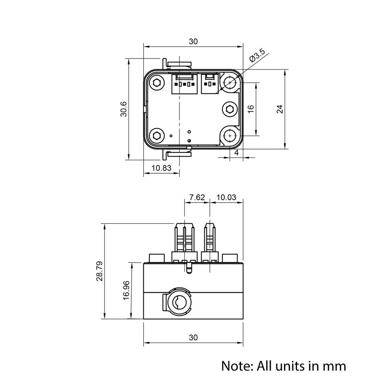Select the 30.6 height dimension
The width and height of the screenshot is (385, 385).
tap(124, 109)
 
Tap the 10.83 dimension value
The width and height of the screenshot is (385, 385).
tap(161, 168)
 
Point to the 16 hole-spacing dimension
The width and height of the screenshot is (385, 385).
tap(251, 109)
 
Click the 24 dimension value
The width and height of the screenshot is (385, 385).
tap(280, 109)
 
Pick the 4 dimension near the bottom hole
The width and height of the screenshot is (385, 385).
tap(236, 153)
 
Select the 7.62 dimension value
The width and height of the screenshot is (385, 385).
tap(197, 197)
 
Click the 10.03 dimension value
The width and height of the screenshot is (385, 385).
tap(226, 197)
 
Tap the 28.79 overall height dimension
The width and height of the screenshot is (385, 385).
tap(99, 271)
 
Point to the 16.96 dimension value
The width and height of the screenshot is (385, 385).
tap(126, 290)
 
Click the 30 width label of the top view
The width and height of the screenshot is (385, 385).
tap(193, 42)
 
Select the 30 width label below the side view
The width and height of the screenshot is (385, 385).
tap(193, 338)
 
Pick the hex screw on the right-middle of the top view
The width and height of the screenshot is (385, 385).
tap(229, 109)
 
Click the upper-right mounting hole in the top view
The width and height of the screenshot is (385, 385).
tap(230, 82)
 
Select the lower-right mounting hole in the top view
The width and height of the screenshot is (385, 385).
tap(230, 136)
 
